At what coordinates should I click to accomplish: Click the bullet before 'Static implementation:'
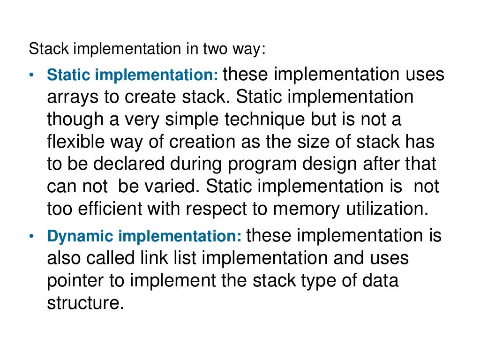pyautogui.click(x=31, y=75)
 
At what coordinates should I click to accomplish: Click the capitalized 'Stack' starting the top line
pyautogui.click(x=43, y=49)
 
